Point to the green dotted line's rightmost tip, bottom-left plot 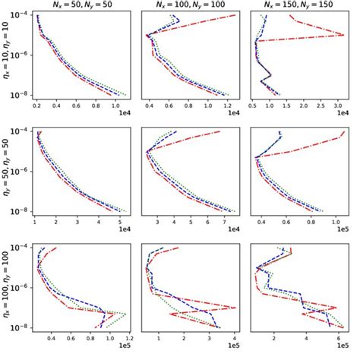(x=127, y=314)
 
